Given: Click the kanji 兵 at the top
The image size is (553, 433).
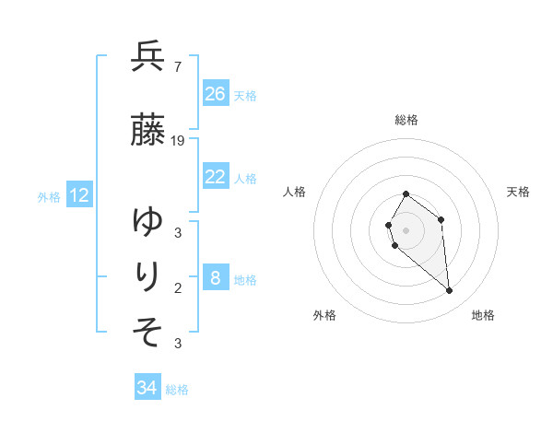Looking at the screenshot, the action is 147,57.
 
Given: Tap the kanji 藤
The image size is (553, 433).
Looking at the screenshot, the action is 147,131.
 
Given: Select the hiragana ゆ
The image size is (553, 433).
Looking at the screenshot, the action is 147,222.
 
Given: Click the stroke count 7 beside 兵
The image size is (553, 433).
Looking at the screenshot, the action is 177,66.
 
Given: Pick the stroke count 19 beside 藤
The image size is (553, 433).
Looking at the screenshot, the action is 178,140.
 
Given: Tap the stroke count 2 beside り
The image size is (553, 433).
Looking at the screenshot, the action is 178,287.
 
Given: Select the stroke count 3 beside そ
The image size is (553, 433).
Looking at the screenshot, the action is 178,344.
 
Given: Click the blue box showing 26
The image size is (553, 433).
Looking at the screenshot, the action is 216,93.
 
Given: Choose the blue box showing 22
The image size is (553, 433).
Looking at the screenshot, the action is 216,177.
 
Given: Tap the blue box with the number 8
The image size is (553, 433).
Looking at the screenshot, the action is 216,278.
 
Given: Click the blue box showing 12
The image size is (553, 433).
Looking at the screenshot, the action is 79,195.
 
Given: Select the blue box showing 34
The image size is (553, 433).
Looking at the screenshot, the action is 147,388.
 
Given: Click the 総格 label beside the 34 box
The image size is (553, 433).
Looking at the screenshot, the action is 177,390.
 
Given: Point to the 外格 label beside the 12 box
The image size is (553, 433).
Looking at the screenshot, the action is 49,196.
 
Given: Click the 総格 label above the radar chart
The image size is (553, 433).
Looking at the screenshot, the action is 406,120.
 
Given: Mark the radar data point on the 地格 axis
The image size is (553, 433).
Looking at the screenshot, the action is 450,291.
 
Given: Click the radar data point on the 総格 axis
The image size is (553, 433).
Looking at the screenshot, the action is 406,194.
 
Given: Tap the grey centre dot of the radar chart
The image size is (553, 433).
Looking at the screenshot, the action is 406,230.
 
